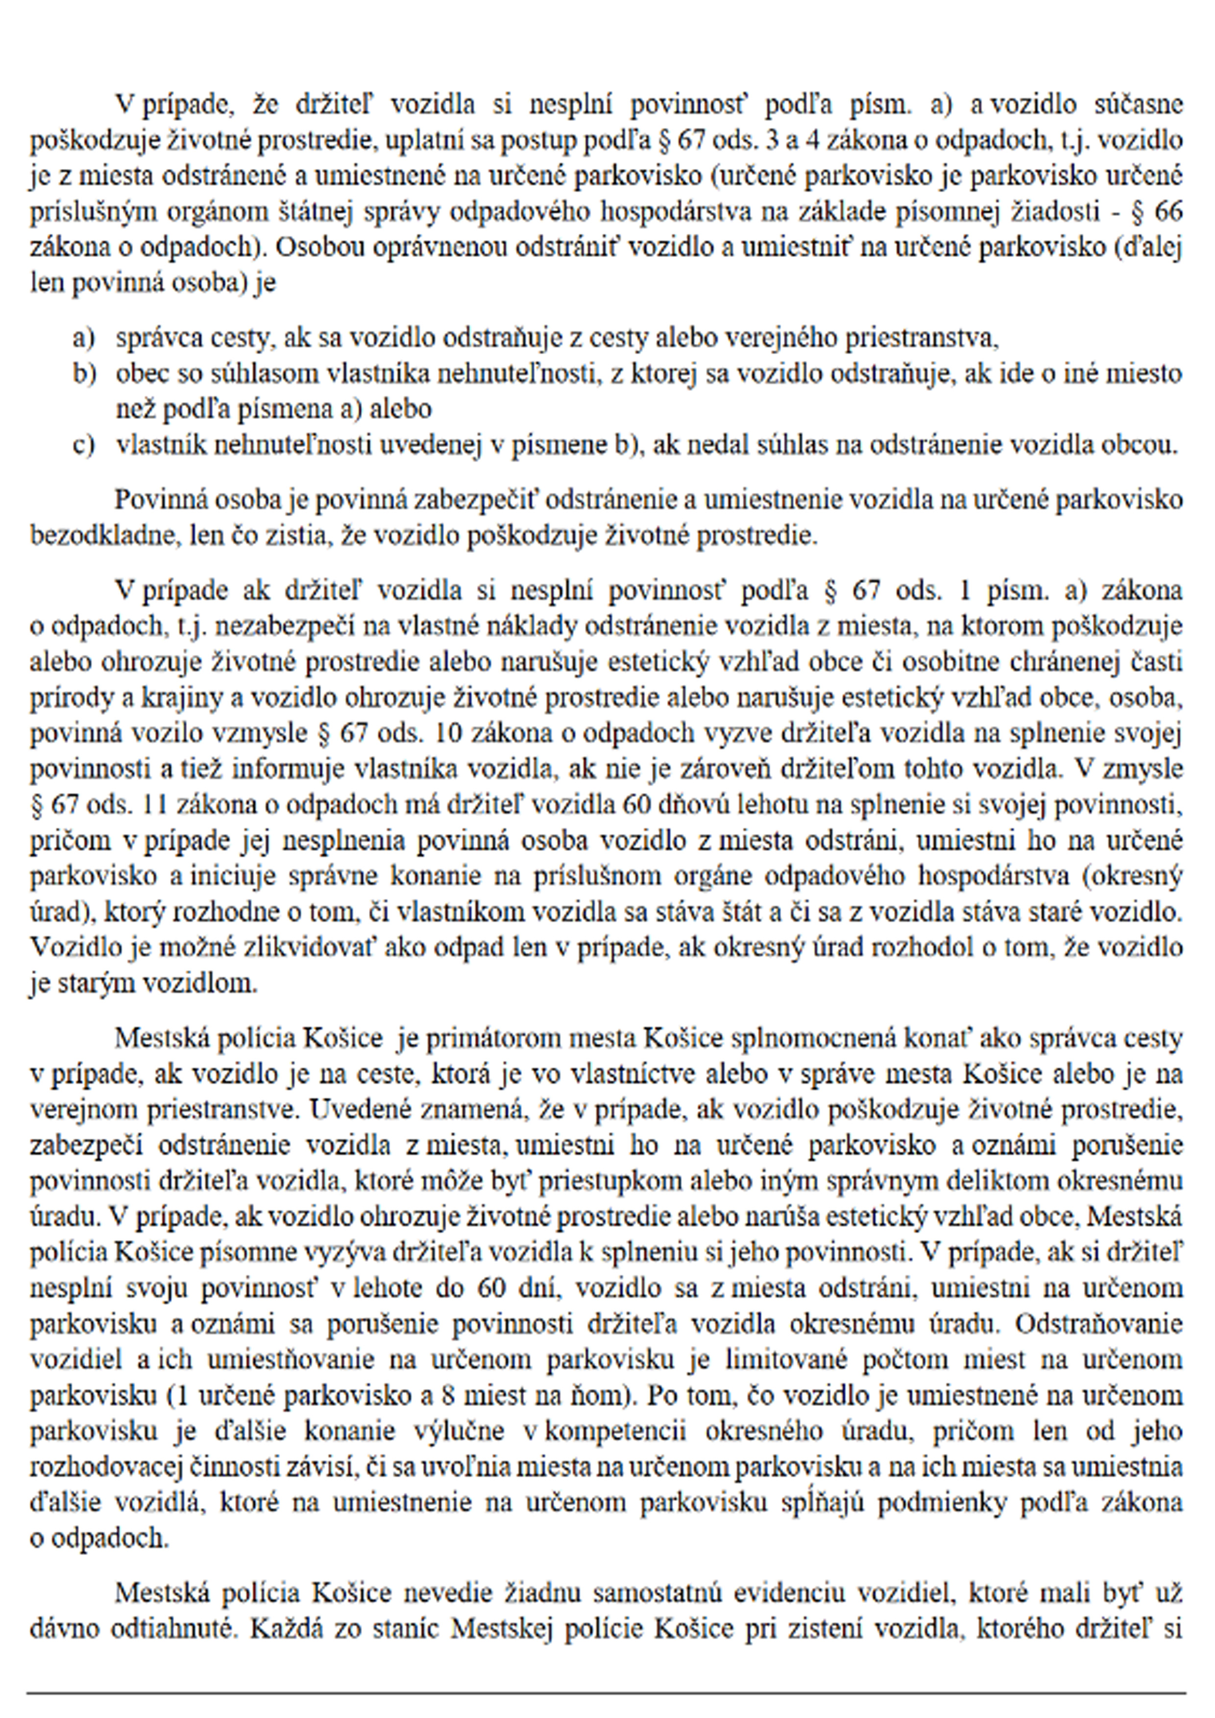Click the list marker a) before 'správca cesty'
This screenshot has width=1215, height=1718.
point(83,339)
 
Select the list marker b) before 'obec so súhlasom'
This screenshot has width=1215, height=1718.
point(84,374)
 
